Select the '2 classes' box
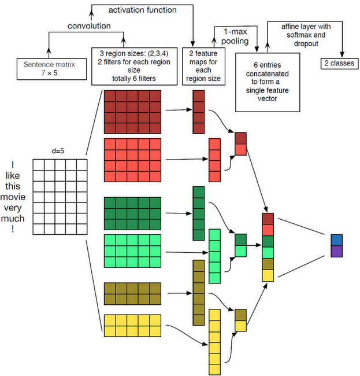click(337, 62)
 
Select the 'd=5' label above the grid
click(58, 152)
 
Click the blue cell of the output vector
click(337, 240)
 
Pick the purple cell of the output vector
click(337, 252)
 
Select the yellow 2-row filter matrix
click(132, 326)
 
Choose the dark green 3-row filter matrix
click(132, 213)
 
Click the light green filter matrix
click(132, 251)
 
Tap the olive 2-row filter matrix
click(132, 293)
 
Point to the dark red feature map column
click(198, 112)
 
